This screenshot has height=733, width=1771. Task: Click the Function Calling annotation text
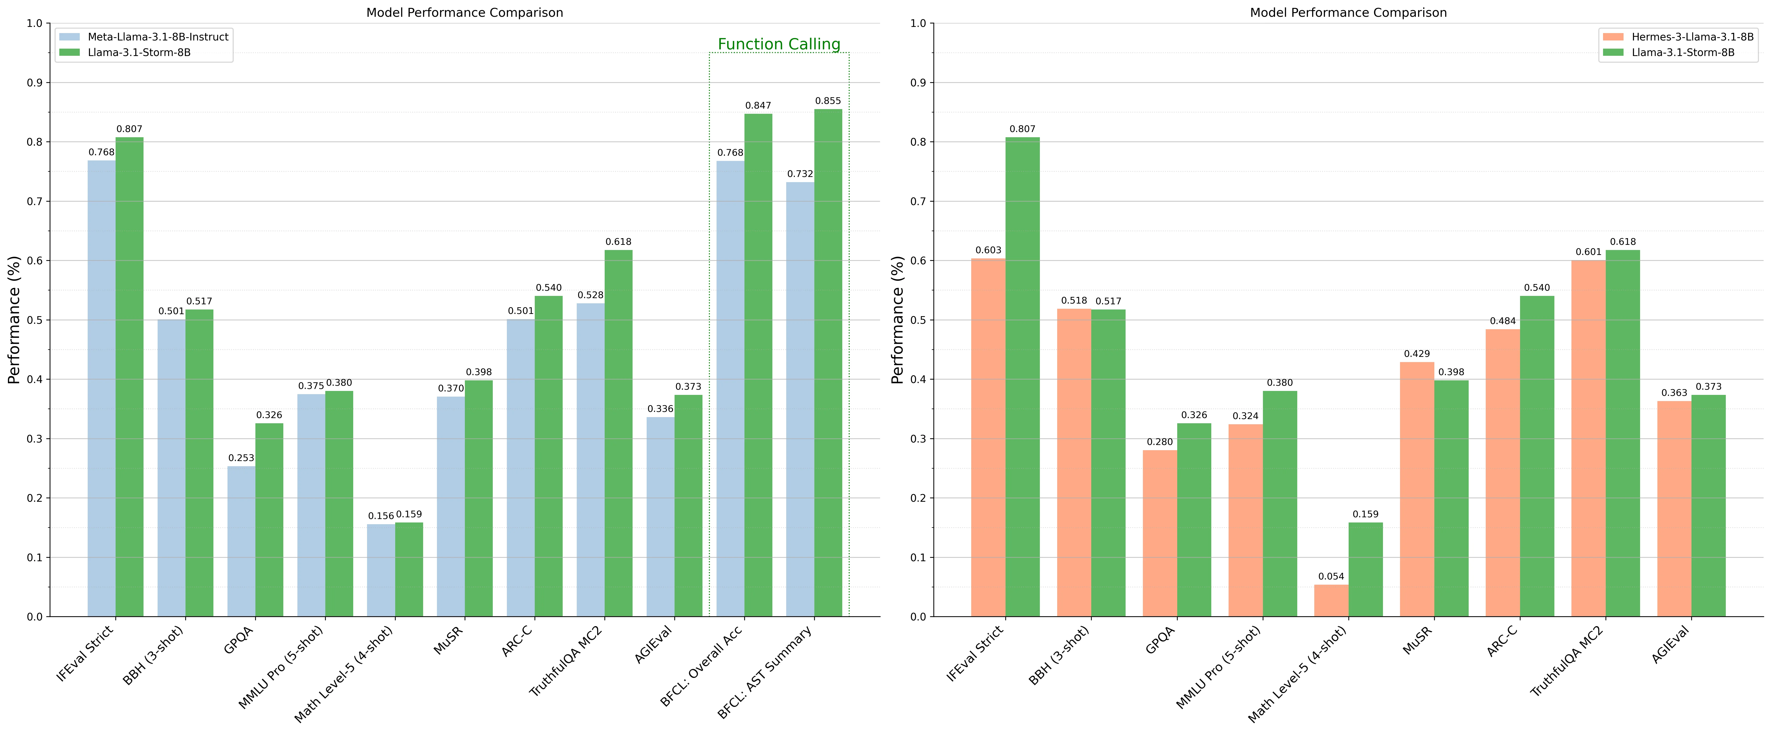tap(779, 45)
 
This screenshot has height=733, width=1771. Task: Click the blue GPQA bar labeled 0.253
tap(241, 541)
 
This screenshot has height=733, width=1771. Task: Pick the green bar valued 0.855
tap(828, 363)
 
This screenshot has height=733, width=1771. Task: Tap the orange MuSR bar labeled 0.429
tap(1417, 489)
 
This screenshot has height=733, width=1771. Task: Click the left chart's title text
tap(465, 12)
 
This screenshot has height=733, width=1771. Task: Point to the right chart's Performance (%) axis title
tap(898, 319)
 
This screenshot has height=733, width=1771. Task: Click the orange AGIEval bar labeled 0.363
tap(1674, 508)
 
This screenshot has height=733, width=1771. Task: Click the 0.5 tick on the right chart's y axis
tap(918, 320)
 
